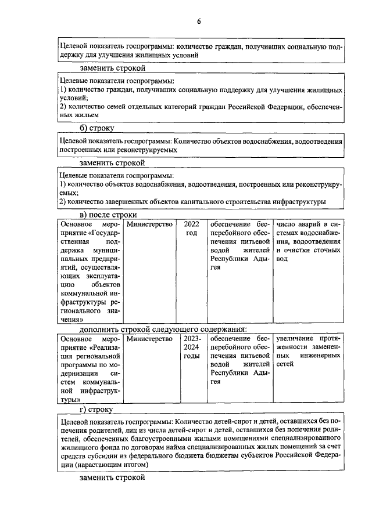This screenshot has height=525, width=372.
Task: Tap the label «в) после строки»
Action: click(x=108, y=215)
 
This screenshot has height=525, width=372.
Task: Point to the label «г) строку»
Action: click(x=97, y=409)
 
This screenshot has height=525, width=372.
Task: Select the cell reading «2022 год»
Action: click(x=191, y=228)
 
